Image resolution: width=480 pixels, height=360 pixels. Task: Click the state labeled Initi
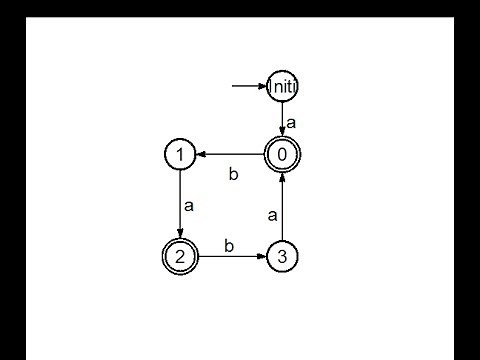pyautogui.click(x=283, y=87)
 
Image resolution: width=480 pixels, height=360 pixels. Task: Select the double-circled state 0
pyautogui.click(x=283, y=154)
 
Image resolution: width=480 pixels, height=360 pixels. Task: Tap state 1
pyautogui.click(x=179, y=154)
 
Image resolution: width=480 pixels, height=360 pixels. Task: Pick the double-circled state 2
pyautogui.click(x=179, y=257)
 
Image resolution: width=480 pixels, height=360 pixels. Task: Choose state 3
pyautogui.click(x=283, y=257)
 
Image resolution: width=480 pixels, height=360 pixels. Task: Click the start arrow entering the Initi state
pyautogui.click(x=246, y=86)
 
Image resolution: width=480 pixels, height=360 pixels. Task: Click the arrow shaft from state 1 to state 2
pyautogui.click(x=179, y=200)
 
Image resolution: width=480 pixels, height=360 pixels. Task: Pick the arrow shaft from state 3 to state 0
pyautogui.click(x=283, y=210)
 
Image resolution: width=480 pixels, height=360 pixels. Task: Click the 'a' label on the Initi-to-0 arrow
pyautogui.click(x=291, y=122)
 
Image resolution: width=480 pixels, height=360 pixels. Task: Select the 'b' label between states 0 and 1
pyautogui.click(x=233, y=174)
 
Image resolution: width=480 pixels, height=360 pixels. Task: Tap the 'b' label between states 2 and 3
pyautogui.click(x=228, y=244)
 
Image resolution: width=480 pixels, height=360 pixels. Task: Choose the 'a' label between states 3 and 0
pyautogui.click(x=272, y=214)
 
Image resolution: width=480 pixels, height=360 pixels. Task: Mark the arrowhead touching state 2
pyautogui.click(x=179, y=236)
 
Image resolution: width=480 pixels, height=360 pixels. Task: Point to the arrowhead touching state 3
pyautogui.click(x=263, y=257)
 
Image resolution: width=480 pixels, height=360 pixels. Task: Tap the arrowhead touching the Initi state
pyautogui.click(x=262, y=86)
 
